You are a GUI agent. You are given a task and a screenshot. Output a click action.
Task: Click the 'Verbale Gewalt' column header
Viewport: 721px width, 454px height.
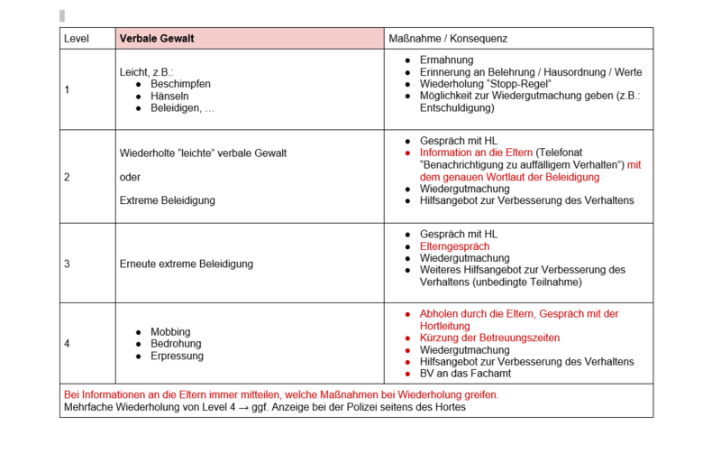point(157,39)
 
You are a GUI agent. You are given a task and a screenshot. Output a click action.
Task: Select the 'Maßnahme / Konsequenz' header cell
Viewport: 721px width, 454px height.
point(448,39)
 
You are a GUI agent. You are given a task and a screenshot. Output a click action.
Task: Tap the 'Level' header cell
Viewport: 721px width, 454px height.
point(77,39)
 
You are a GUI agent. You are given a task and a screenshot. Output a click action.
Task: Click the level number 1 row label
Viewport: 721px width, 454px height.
point(67,90)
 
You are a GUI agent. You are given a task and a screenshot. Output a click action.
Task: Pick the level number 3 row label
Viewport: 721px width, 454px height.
point(67,264)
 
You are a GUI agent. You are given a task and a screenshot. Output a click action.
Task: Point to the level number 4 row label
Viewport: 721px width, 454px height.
point(67,344)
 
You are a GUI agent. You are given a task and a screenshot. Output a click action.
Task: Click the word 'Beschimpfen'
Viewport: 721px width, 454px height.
point(180,84)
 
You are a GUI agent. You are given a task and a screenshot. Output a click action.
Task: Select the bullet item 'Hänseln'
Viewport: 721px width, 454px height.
point(170,96)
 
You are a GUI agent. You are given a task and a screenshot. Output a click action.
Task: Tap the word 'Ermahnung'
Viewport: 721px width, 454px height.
point(446,60)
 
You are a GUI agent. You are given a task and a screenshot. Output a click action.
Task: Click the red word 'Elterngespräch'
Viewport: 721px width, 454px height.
point(454,246)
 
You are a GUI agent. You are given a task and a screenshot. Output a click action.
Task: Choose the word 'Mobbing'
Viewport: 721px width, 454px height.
point(170,332)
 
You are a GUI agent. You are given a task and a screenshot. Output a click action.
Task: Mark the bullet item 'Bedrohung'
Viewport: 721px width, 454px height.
point(176,344)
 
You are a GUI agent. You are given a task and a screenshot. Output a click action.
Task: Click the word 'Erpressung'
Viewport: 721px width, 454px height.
point(177,356)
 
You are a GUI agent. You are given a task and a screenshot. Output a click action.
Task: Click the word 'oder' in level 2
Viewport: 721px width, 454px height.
point(130,177)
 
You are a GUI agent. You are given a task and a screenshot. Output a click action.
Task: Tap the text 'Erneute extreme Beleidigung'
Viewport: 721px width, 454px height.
point(186,264)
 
